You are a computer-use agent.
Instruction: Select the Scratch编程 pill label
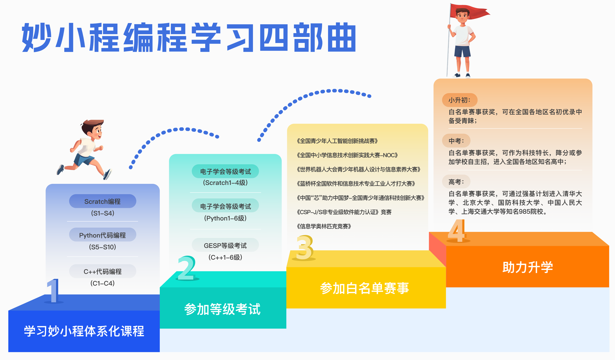[x=102, y=201]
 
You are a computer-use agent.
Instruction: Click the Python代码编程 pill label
[x=102, y=235]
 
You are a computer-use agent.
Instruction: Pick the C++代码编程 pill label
[x=102, y=271]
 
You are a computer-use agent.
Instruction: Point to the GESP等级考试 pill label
[x=225, y=246]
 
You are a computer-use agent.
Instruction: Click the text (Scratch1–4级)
[x=225, y=183]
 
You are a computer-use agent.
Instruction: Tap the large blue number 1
[x=53, y=290]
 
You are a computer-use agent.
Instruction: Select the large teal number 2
[x=187, y=268]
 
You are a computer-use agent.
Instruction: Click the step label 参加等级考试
[x=222, y=309]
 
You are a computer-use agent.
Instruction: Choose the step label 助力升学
[x=527, y=267]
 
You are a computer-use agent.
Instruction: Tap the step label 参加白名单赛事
[x=364, y=288]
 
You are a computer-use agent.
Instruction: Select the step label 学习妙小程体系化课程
[x=84, y=331]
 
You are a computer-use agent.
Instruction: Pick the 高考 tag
[x=456, y=182]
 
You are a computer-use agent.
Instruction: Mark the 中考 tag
[x=456, y=141]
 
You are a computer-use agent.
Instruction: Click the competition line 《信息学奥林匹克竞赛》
[x=324, y=226]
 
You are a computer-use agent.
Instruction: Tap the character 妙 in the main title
[x=37, y=37]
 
